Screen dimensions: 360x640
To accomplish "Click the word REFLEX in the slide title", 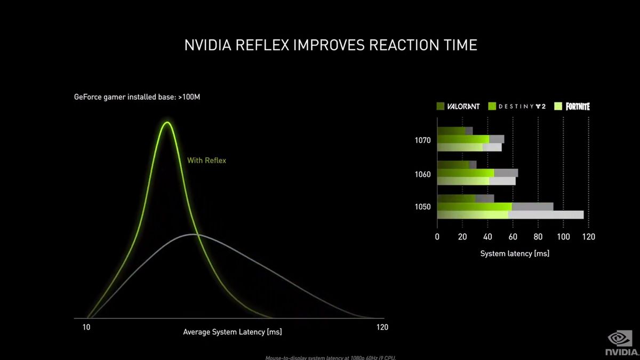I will (x=262, y=45).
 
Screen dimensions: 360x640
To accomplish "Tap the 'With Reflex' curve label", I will (x=206, y=160).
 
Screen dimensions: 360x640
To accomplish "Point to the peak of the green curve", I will (x=167, y=123).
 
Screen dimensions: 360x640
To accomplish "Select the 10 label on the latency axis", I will (x=86, y=327).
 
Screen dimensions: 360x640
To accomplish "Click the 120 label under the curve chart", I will (x=381, y=327).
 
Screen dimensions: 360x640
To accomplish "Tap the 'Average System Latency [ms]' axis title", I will (x=232, y=332).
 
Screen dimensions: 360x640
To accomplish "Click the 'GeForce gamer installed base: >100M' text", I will (x=137, y=98).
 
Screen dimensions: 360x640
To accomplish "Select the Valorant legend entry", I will (x=458, y=106).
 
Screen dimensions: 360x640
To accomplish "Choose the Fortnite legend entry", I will (x=572, y=106).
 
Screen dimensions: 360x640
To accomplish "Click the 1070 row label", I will (x=422, y=140).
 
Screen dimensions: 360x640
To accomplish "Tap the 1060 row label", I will (x=422, y=174).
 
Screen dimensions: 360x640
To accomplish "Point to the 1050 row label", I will (x=422, y=207).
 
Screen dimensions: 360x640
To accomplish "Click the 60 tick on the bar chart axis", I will (x=513, y=237).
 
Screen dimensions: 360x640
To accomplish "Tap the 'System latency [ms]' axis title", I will (x=514, y=253).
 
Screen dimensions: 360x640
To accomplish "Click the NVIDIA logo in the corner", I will (x=620, y=345).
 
